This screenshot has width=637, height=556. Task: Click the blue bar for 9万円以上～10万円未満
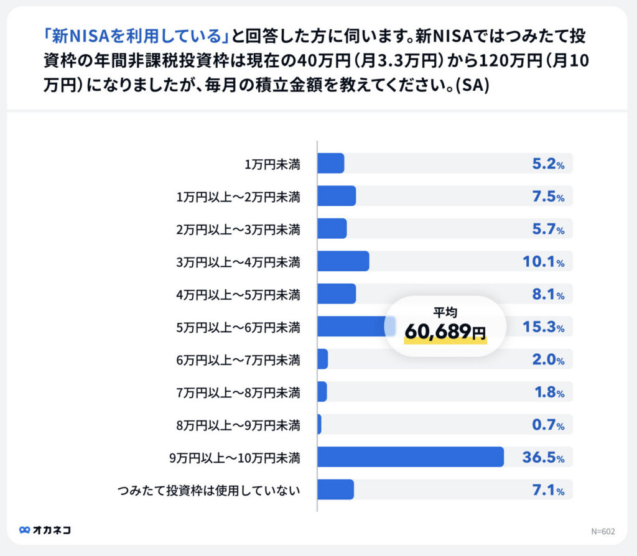click(411, 456)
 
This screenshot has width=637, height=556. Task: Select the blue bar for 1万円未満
click(330, 164)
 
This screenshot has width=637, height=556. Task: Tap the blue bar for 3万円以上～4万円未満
click(343, 261)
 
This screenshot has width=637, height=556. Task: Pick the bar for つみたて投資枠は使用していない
click(335, 489)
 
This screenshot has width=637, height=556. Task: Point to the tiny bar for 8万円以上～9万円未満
click(319, 424)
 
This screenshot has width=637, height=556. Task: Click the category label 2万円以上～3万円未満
click(238, 229)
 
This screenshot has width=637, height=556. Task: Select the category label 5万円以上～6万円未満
click(238, 327)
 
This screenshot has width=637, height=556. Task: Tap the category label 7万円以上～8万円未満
click(238, 392)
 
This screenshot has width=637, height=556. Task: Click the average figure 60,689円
click(445, 332)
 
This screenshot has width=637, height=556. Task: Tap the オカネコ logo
click(45, 530)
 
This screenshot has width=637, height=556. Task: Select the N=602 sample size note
click(603, 531)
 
